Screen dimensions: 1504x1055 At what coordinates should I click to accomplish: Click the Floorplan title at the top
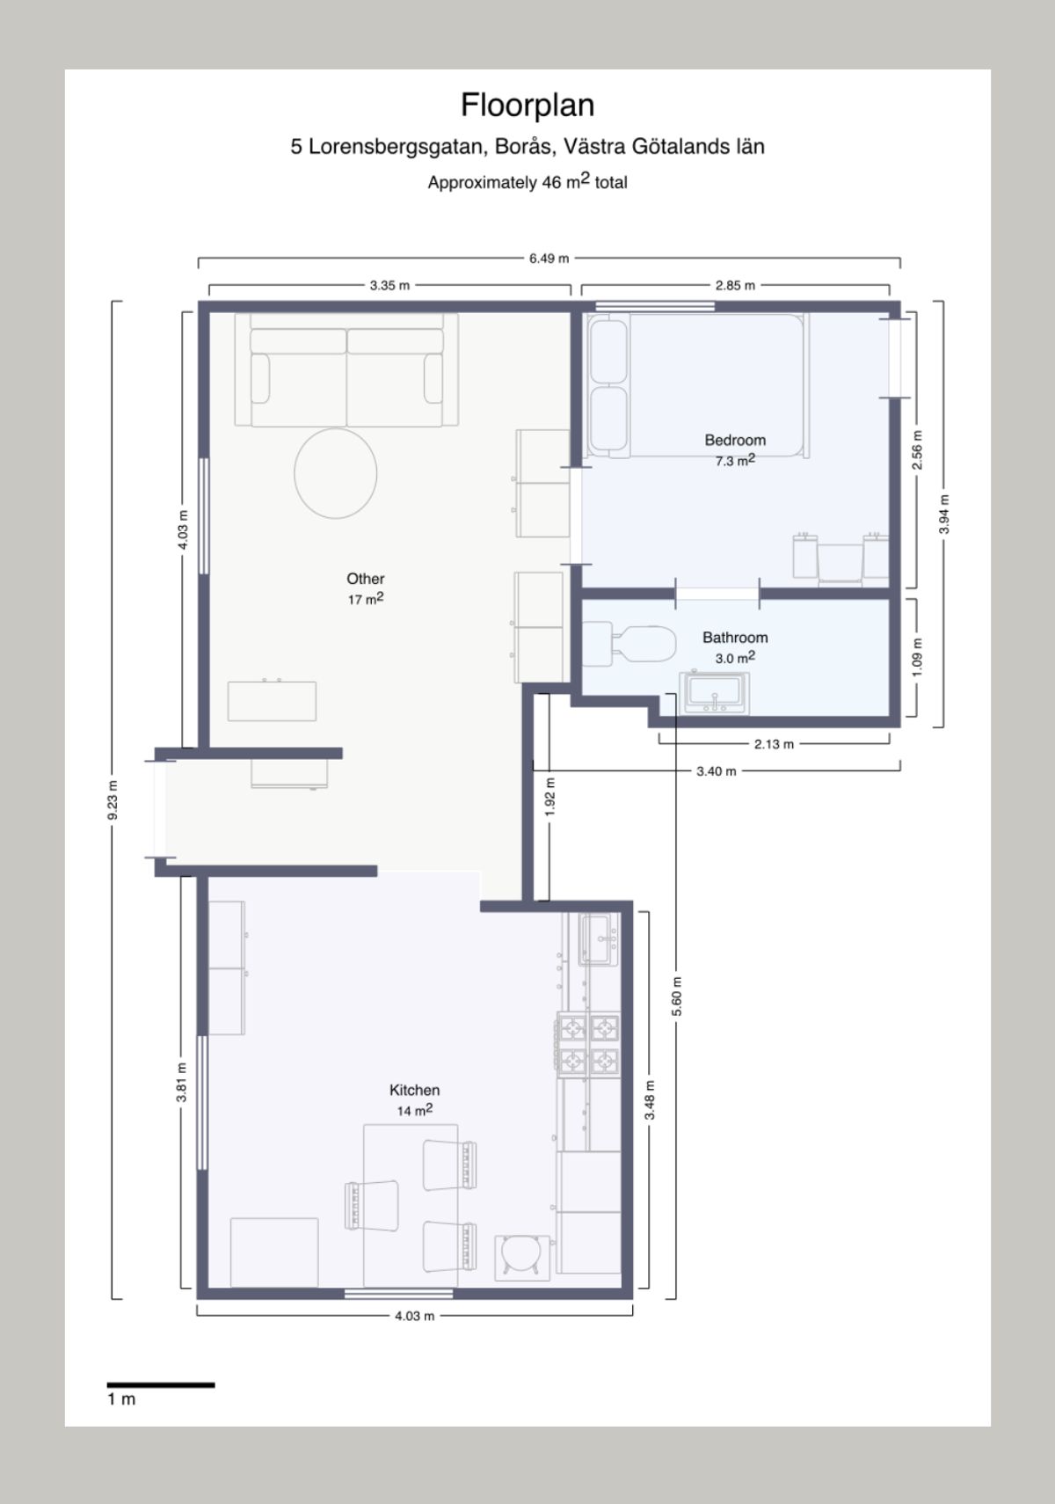coord(527,105)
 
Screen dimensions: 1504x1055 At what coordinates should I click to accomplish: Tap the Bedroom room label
coord(735,440)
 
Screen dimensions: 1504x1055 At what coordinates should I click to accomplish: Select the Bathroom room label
coord(735,638)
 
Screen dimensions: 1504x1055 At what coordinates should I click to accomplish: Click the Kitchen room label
coord(414,1090)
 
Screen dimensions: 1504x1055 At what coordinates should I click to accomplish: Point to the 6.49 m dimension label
coord(549,259)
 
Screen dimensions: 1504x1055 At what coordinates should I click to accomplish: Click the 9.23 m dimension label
coord(113,800)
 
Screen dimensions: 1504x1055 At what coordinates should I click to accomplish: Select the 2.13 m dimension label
coord(774,744)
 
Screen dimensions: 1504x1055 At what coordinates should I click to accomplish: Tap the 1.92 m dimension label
coord(550,797)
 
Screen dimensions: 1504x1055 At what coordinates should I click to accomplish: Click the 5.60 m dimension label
coord(677,997)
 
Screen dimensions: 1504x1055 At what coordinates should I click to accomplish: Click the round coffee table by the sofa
coord(336,472)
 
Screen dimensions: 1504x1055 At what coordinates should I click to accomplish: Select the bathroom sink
coord(717,693)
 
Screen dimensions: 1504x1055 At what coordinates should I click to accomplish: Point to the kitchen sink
coord(600,939)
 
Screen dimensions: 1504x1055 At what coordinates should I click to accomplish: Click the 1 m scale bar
coord(161,1385)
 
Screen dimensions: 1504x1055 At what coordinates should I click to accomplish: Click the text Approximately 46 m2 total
coord(527,182)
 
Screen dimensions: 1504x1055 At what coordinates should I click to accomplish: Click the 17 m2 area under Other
coord(365,600)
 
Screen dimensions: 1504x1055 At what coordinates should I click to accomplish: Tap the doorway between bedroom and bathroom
coord(717,594)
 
